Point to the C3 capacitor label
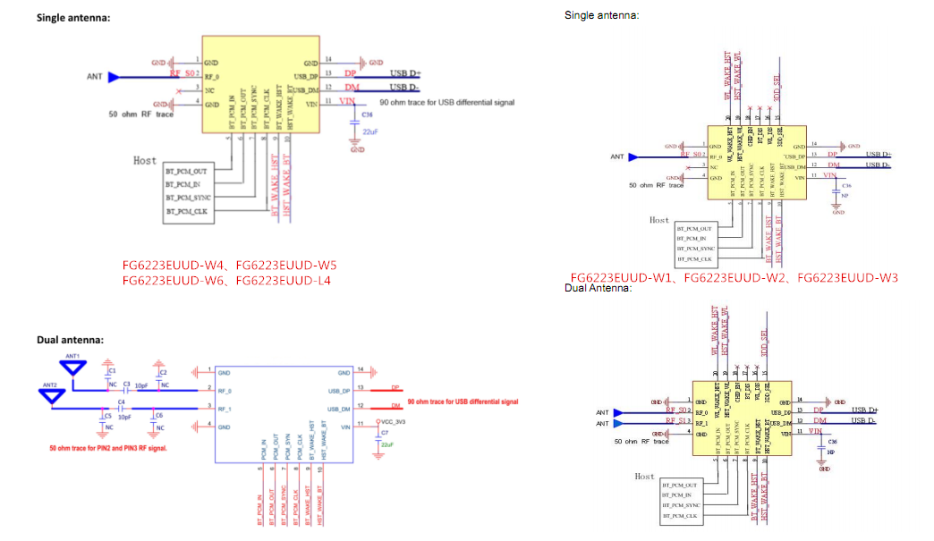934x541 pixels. pos(127,384)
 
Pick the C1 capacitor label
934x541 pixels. pos(112,370)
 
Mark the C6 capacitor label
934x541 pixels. pos(159,415)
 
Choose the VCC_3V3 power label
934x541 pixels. pos(395,420)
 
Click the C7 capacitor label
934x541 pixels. pos(386,433)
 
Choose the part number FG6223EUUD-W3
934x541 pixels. pos(847,277)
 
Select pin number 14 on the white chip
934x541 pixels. pos(359,369)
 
